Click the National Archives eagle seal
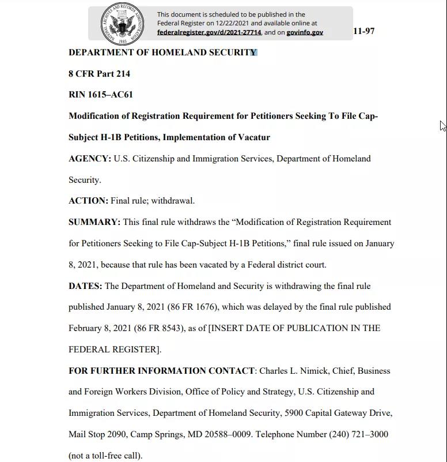[122, 24]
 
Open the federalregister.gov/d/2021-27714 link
[209, 32]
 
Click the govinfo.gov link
[305, 32]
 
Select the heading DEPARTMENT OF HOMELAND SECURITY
[162, 52]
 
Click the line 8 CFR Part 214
[99, 74]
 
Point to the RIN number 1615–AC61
[111, 95]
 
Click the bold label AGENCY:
[90, 159]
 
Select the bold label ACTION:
[88, 201]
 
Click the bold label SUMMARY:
[94, 222]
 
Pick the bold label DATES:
[85, 286]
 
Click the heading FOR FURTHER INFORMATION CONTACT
[161, 371]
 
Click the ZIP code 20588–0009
[228, 434]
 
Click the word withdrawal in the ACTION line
[172, 201]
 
